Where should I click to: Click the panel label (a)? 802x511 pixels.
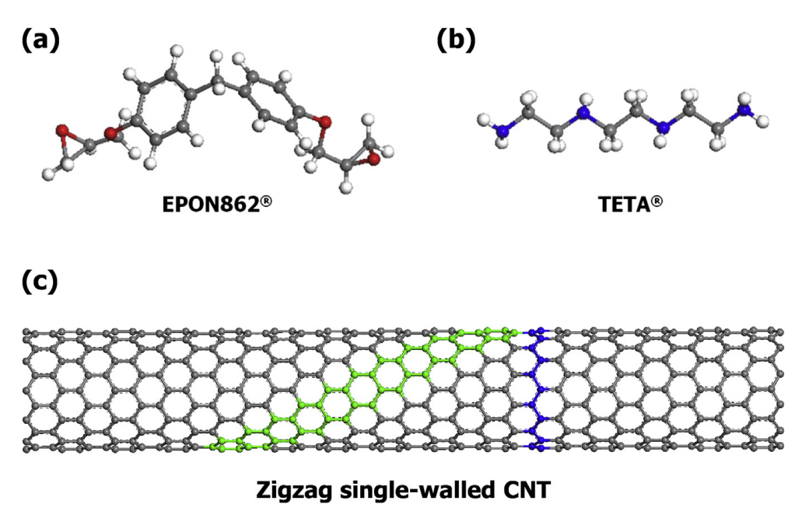pyautogui.click(x=40, y=40)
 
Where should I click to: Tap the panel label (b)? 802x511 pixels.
pyautogui.click(x=456, y=40)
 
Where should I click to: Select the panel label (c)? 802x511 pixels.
pyautogui.click(x=40, y=281)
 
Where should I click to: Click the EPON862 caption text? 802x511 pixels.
pyautogui.click(x=217, y=205)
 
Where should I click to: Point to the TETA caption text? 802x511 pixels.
pyautogui.click(x=630, y=205)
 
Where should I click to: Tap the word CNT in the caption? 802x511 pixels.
pyautogui.click(x=527, y=489)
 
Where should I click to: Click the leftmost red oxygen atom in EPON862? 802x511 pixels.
pyautogui.click(x=62, y=130)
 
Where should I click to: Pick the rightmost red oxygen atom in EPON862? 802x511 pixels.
pyautogui.click(x=374, y=159)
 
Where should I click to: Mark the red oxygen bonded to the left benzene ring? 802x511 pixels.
pyautogui.click(x=110, y=134)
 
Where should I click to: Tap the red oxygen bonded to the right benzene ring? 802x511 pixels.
pyautogui.click(x=324, y=122)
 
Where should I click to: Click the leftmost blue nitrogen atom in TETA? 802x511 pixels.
pyautogui.click(x=504, y=131)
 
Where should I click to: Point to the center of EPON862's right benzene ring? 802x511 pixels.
pyautogui.click(x=271, y=102)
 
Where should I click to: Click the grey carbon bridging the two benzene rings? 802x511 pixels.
pyautogui.click(x=217, y=79)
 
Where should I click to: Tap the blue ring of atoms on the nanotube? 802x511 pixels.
pyautogui.click(x=537, y=390)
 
